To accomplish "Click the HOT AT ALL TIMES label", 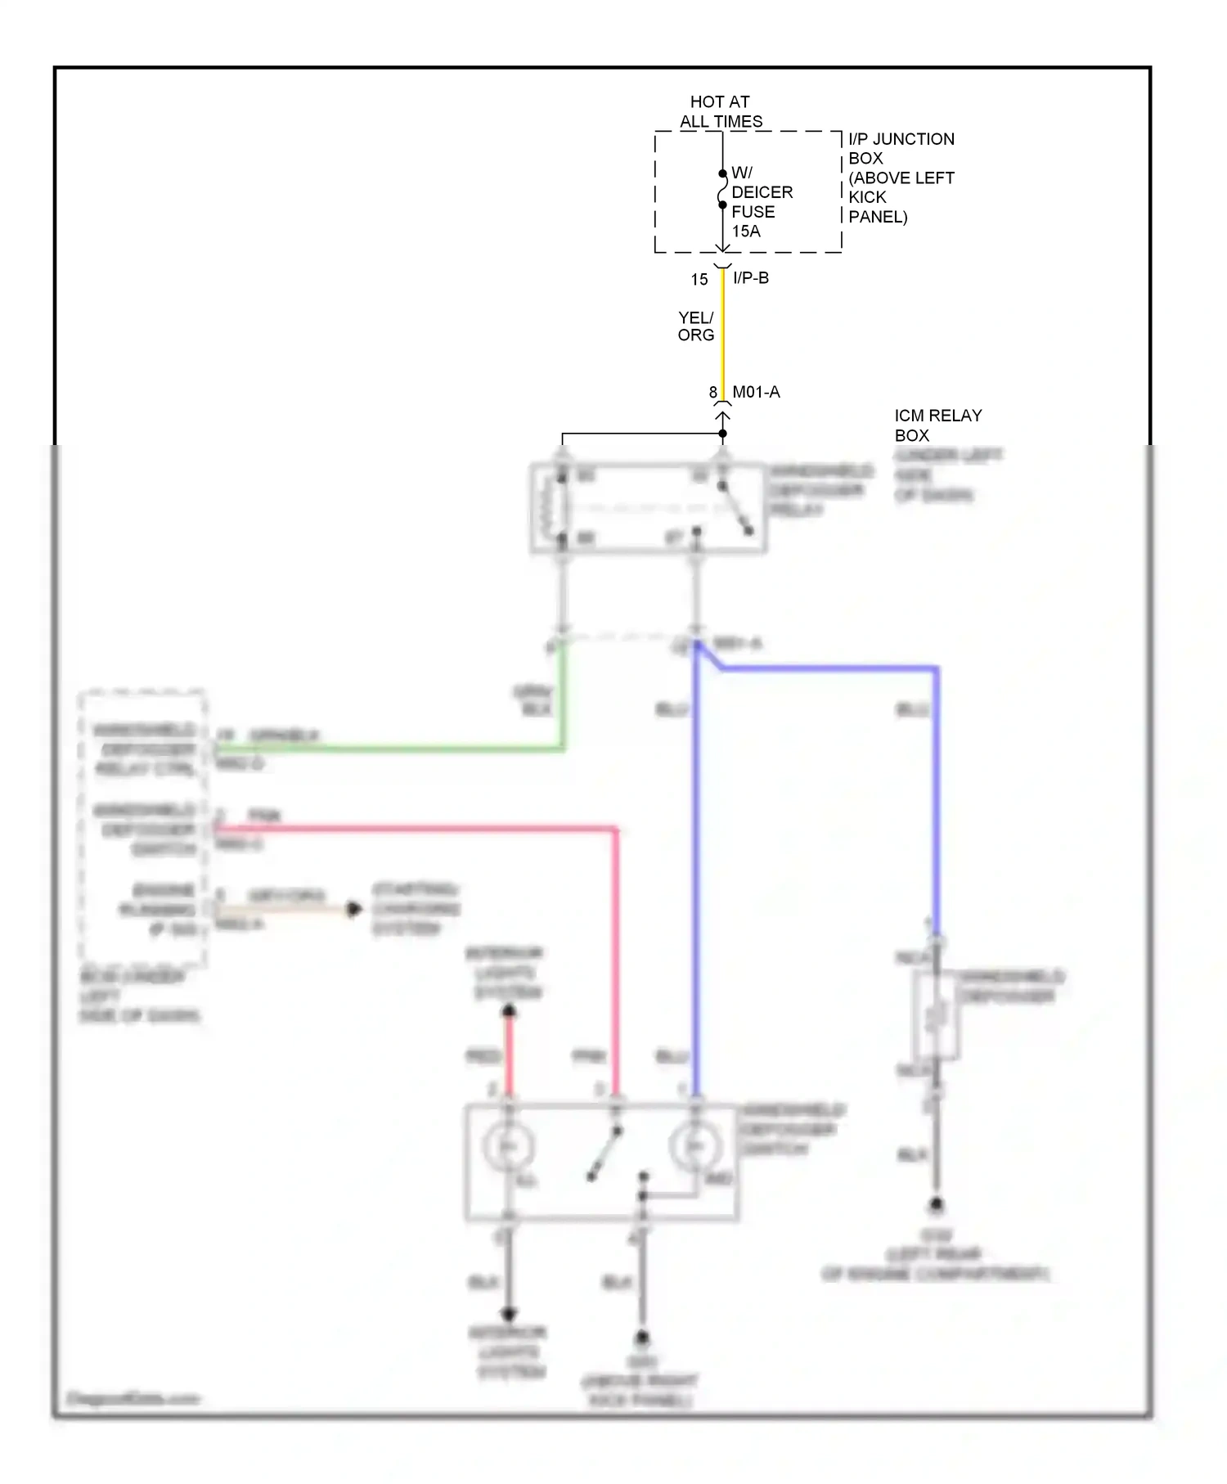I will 720,111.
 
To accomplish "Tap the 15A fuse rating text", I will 745,232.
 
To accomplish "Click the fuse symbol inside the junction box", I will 722,190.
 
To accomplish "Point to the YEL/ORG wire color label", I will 695,326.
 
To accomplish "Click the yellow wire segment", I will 722,335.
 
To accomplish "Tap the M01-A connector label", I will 756,393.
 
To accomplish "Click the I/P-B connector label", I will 751,278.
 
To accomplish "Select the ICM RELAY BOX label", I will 937,425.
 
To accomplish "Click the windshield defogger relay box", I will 648,508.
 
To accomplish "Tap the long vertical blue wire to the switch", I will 696,884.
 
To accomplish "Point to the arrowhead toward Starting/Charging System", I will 354,909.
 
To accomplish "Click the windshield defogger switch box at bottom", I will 601,1162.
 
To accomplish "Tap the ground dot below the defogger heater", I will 937,1205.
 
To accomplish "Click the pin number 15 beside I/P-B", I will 699,280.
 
